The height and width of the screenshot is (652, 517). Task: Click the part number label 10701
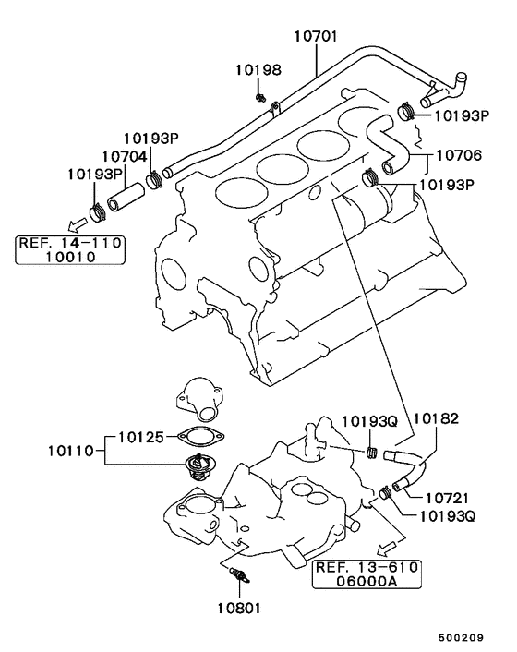point(316,38)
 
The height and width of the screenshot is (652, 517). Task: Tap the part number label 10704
point(125,157)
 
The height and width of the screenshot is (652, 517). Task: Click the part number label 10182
point(435,419)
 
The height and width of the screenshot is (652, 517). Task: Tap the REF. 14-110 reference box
point(70,250)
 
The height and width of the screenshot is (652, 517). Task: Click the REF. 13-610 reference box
point(367,574)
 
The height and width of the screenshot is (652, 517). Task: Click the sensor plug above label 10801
point(241,576)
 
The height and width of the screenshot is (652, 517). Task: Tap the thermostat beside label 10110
point(198,466)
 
